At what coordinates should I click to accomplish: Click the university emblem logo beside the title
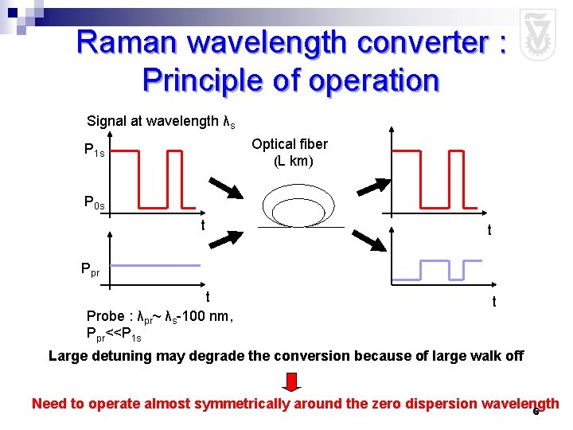pos(537,35)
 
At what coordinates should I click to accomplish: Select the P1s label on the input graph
pos(95,150)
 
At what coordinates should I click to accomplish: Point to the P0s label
pos(95,202)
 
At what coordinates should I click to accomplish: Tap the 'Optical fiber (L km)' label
pos(290,152)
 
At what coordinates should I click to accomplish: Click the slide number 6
pos(536,412)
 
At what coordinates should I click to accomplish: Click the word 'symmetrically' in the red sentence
pos(246,404)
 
